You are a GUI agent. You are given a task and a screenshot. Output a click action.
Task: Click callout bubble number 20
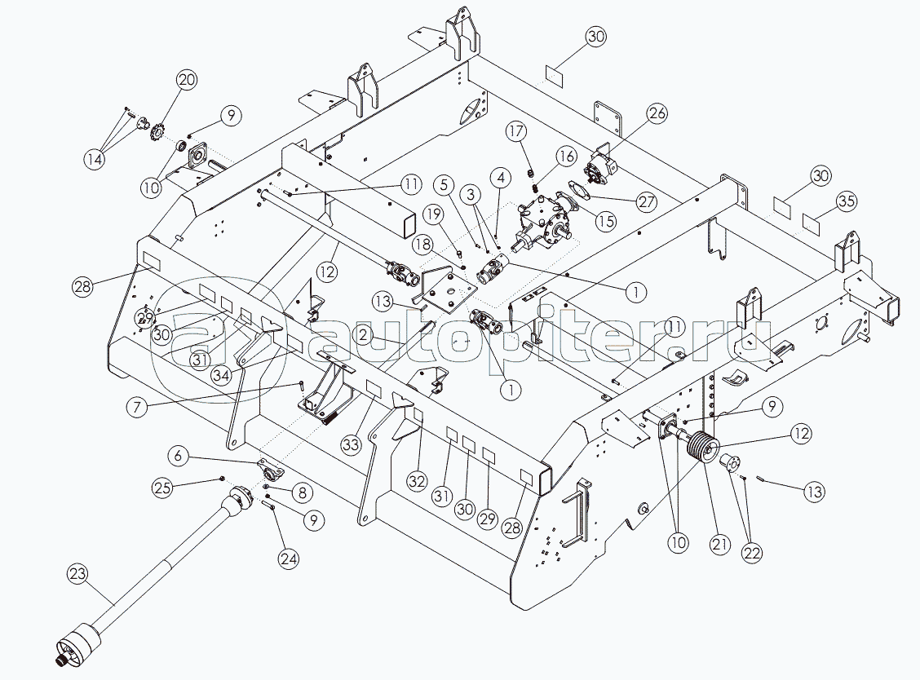pyautogui.click(x=187, y=80)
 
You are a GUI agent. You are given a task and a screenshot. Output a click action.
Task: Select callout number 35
pyautogui.click(x=847, y=201)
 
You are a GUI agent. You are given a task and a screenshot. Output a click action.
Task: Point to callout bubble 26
pyautogui.click(x=657, y=114)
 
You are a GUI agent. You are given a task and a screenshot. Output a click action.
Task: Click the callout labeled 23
pyautogui.click(x=77, y=574)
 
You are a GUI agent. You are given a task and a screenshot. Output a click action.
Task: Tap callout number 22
pyautogui.click(x=751, y=552)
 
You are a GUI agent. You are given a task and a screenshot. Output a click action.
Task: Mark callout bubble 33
pyautogui.click(x=352, y=444)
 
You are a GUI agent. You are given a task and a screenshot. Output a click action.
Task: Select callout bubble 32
pyautogui.click(x=417, y=481)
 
